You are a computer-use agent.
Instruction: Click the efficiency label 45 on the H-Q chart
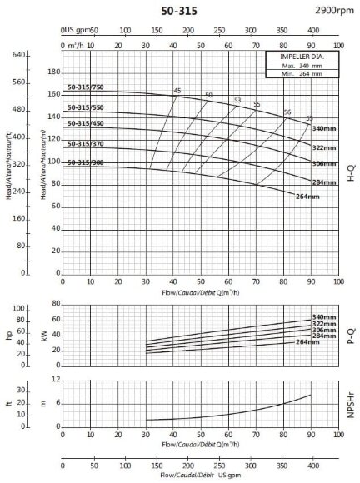click(x=177, y=90)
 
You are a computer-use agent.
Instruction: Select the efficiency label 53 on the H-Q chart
click(x=237, y=100)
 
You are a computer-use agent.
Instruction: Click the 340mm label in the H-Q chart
click(x=323, y=128)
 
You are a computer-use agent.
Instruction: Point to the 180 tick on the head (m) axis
click(x=54, y=72)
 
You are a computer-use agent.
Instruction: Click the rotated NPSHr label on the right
click(x=350, y=405)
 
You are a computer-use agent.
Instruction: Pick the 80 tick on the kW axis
click(x=56, y=306)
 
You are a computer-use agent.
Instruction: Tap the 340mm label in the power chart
click(x=323, y=317)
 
